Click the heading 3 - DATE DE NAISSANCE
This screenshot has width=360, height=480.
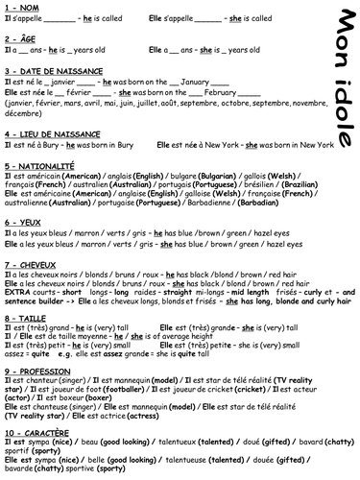pos(54,72)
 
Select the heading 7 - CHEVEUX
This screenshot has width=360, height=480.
pos(33,261)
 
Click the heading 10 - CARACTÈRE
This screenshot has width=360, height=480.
pos(39,432)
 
